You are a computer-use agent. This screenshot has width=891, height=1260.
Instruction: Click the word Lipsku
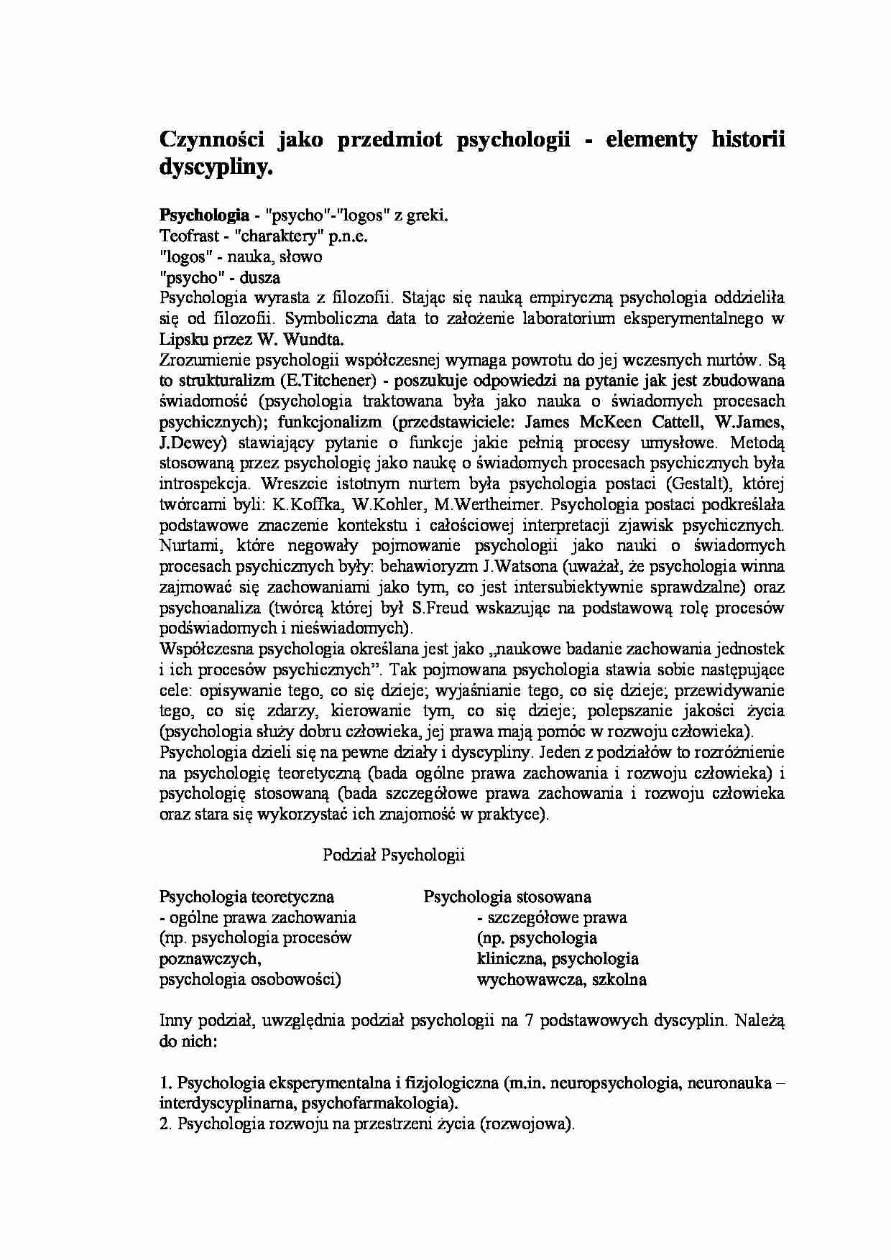pos(181,340)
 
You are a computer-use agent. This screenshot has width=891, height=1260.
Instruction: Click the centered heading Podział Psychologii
pos(394,855)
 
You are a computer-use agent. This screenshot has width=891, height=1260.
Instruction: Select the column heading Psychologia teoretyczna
pos(246,897)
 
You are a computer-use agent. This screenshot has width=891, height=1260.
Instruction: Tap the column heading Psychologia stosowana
pos(507,897)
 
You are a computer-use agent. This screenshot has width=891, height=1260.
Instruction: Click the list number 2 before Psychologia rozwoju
pos(163,1124)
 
